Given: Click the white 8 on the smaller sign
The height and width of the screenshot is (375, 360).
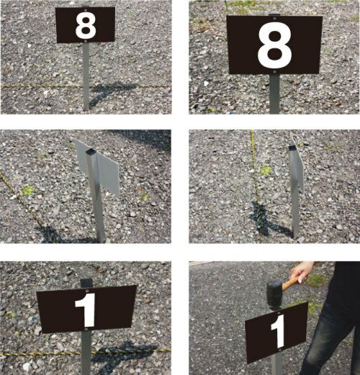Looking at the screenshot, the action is (x=86, y=26).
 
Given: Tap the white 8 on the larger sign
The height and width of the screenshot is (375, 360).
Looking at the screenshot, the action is (x=274, y=46).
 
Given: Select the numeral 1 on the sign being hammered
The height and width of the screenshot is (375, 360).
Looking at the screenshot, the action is (x=279, y=331).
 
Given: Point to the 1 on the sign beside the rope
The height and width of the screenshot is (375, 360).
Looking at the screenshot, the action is (x=86, y=310).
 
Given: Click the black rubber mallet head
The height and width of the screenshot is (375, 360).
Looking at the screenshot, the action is (x=275, y=295).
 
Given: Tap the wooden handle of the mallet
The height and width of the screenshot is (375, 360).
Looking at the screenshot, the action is (x=291, y=282).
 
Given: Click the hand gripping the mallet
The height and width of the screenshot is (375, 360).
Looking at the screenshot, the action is (x=302, y=271).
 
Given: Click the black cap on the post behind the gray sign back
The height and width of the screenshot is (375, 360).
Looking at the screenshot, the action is (x=91, y=151).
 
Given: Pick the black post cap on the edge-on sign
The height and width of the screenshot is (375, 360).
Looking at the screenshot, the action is (x=292, y=148).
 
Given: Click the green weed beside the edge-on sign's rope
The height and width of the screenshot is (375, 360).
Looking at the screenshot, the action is (x=265, y=170).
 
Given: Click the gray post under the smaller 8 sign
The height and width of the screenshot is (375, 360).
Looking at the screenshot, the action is (x=86, y=77).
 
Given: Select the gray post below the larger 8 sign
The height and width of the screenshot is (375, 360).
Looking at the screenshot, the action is (x=274, y=94).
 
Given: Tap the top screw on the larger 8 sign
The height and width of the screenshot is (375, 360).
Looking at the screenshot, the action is (x=274, y=17).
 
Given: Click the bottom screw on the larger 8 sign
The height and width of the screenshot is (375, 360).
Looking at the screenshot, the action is (x=275, y=72).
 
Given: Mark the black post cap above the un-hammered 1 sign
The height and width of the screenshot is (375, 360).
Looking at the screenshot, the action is (x=86, y=283).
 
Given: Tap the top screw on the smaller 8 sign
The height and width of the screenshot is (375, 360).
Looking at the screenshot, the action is (x=86, y=10).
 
